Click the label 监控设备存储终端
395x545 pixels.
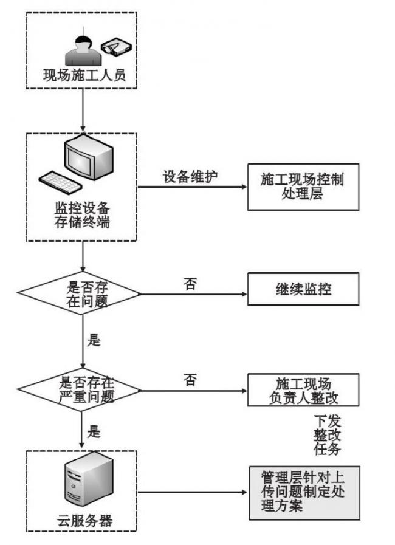coord(82,214)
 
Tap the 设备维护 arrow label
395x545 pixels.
coord(190,176)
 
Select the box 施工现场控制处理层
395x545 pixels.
coord(303,187)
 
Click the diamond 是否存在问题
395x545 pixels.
coord(81,294)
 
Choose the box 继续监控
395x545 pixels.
coord(303,289)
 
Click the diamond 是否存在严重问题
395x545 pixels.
coord(81,389)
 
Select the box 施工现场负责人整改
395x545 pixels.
coord(303,390)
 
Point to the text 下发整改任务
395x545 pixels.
coord(327,435)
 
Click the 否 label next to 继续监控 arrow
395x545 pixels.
coord(190,284)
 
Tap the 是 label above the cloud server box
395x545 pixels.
coord(94,432)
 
